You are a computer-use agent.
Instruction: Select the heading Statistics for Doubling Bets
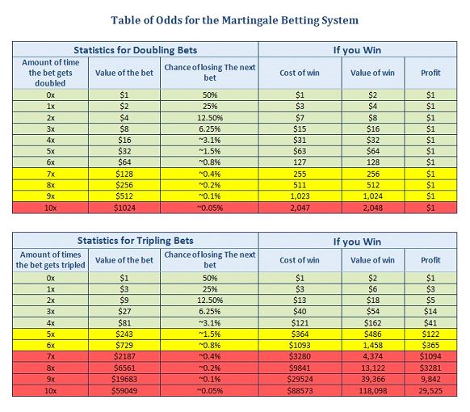(x=136, y=50)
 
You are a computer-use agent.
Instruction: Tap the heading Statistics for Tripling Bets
(x=136, y=241)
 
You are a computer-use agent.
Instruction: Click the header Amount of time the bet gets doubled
(x=50, y=73)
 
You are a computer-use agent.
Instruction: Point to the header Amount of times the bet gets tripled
(x=50, y=260)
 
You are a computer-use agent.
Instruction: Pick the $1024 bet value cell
(x=124, y=208)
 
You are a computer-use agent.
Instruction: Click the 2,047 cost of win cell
(x=300, y=208)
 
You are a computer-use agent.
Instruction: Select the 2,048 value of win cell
(x=372, y=208)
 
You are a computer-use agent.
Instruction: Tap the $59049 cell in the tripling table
(x=124, y=391)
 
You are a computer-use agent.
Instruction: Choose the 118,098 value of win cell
(x=372, y=391)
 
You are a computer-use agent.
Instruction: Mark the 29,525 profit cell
(x=430, y=391)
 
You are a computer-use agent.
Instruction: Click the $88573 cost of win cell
(x=300, y=391)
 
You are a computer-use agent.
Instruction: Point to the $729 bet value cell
(x=124, y=345)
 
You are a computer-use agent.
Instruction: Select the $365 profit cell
(x=430, y=345)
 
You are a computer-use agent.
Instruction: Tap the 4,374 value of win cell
(x=372, y=356)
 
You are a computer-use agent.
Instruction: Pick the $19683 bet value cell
(x=124, y=380)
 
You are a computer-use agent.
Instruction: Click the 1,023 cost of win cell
(x=300, y=196)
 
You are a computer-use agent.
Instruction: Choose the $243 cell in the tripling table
(x=124, y=334)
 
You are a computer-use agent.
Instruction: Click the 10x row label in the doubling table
(x=50, y=208)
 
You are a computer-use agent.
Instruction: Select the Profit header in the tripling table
(x=430, y=260)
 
